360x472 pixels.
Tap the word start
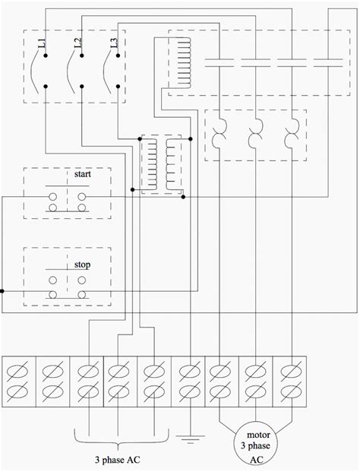point(82,175)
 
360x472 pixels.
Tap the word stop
point(82,265)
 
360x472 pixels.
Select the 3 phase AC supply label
point(118,461)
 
